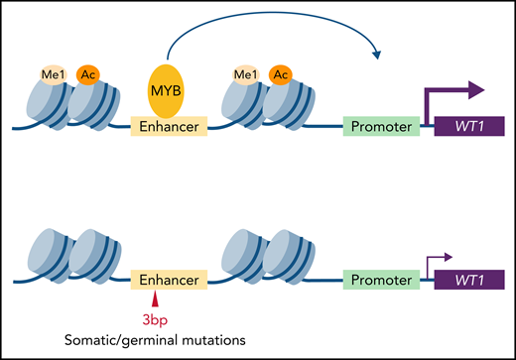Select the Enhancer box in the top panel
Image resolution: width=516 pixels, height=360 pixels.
click(x=170, y=128)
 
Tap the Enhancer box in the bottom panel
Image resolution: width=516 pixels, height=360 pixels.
click(x=170, y=281)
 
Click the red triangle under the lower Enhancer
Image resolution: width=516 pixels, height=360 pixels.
click(x=155, y=298)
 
